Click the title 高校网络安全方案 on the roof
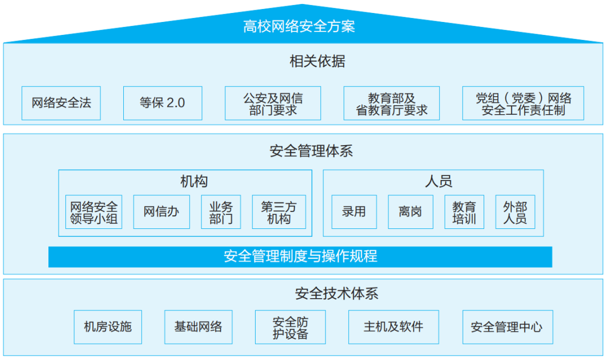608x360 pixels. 299,26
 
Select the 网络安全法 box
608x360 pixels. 61,103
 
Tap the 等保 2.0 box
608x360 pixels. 163,103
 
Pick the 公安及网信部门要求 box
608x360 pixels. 273,103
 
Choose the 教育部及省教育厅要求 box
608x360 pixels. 392,103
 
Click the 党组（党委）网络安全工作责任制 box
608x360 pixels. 523,103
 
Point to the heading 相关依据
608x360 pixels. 318,61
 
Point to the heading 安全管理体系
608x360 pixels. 311,151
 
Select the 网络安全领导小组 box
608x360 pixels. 94,212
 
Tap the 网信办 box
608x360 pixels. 162,212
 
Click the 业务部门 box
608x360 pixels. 221,212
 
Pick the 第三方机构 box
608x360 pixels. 279,212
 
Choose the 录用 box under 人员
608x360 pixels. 354,212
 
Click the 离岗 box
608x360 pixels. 410,212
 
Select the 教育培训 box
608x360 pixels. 464,212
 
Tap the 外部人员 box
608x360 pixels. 515,212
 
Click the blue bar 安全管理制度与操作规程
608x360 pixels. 300,256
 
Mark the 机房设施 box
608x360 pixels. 108,327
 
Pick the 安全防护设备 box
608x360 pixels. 290,327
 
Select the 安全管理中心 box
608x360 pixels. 508,327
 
